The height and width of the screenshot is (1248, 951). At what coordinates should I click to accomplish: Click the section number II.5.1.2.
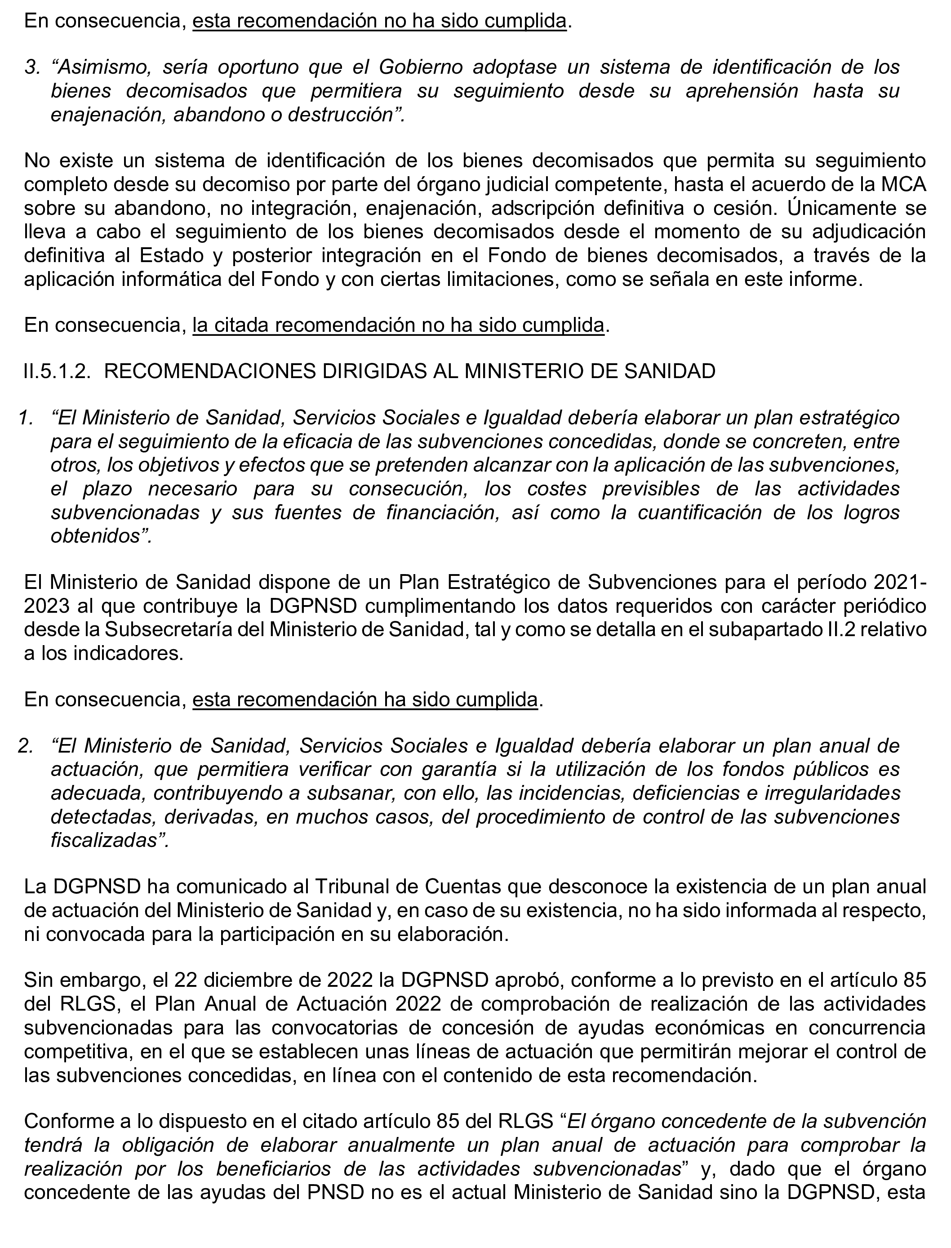click(57, 371)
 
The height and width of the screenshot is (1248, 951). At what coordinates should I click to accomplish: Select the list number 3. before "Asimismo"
click(32, 67)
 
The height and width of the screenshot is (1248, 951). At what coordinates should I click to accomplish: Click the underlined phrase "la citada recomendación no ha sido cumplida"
click(398, 325)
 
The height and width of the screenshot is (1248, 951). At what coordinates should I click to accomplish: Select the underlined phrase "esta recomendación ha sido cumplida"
click(364, 700)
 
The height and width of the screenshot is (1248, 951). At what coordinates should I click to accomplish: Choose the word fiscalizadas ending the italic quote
click(103, 840)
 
